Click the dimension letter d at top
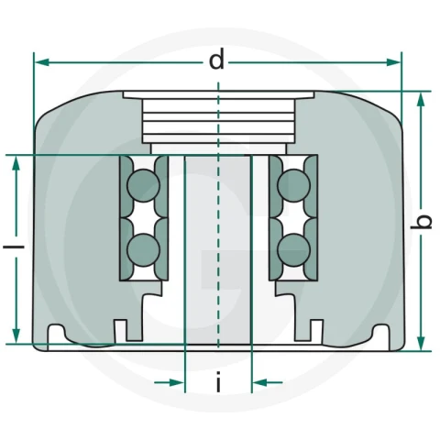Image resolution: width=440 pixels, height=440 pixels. click(x=216, y=60)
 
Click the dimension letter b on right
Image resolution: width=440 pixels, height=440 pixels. click(x=422, y=222)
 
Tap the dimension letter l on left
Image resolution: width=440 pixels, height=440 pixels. click(x=14, y=247)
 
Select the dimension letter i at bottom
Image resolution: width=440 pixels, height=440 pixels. click(x=218, y=381)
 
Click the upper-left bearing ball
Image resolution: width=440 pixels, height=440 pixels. click(x=143, y=186)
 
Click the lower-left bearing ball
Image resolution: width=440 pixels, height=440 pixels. click(x=143, y=250)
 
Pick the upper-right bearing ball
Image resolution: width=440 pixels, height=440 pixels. click(x=293, y=186)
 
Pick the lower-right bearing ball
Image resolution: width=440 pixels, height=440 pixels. click(x=293, y=250)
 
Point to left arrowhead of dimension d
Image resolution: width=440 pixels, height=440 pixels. click(x=42, y=62)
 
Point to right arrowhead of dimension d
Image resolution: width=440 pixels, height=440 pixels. click(x=393, y=62)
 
